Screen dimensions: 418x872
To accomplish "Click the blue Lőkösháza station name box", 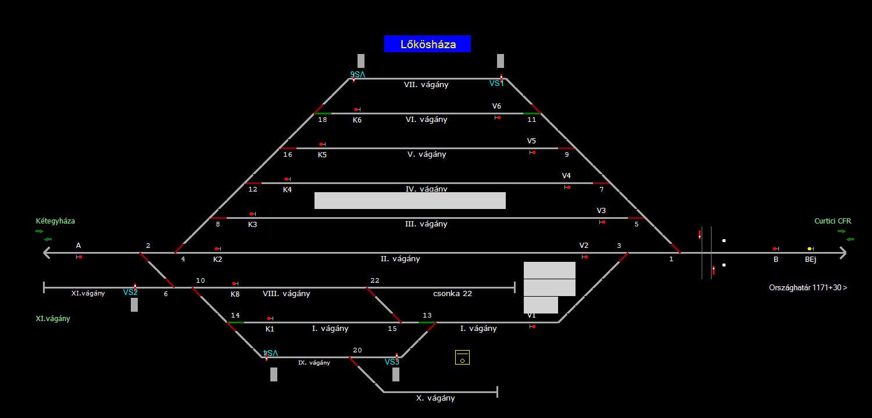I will pyautogui.click(x=427, y=44).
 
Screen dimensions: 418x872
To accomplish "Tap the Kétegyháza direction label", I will pyautogui.click(x=55, y=221).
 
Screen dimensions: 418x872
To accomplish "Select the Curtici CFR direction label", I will pyautogui.click(x=832, y=221).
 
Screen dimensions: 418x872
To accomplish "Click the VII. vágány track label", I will pyautogui.click(x=426, y=85).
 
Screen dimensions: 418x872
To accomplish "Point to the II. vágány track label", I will pyautogui.click(x=400, y=259).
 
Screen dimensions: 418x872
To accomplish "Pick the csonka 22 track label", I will pyautogui.click(x=452, y=294).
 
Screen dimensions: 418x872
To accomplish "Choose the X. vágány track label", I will pyautogui.click(x=435, y=398).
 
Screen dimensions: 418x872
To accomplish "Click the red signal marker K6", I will pyautogui.click(x=356, y=109).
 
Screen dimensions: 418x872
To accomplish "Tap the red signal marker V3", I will pyautogui.click(x=603, y=222).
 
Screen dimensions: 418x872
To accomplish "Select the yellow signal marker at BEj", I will pyautogui.click(x=809, y=248).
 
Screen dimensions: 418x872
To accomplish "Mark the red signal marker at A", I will pyautogui.click(x=80, y=257).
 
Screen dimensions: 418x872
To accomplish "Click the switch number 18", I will pyautogui.click(x=322, y=120).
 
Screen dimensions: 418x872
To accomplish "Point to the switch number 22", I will pyautogui.click(x=375, y=280).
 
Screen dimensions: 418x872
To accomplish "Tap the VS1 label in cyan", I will pyautogui.click(x=496, y=84).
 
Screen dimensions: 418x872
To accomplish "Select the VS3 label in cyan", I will pyautogui.click(x=392, y=362).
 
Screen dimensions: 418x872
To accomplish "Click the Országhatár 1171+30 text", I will pyautogui.click(x=807, y=288).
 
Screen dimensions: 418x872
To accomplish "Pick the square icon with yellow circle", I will pyautogui.click(x=462, y=358).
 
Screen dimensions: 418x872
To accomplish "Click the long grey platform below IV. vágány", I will pyautogui.click(x=410, y=200).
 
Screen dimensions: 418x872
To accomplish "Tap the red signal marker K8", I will pyautogui.click(x=234, y=283).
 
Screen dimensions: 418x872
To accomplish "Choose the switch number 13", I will pyautogui.click(x=427, y=315).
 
